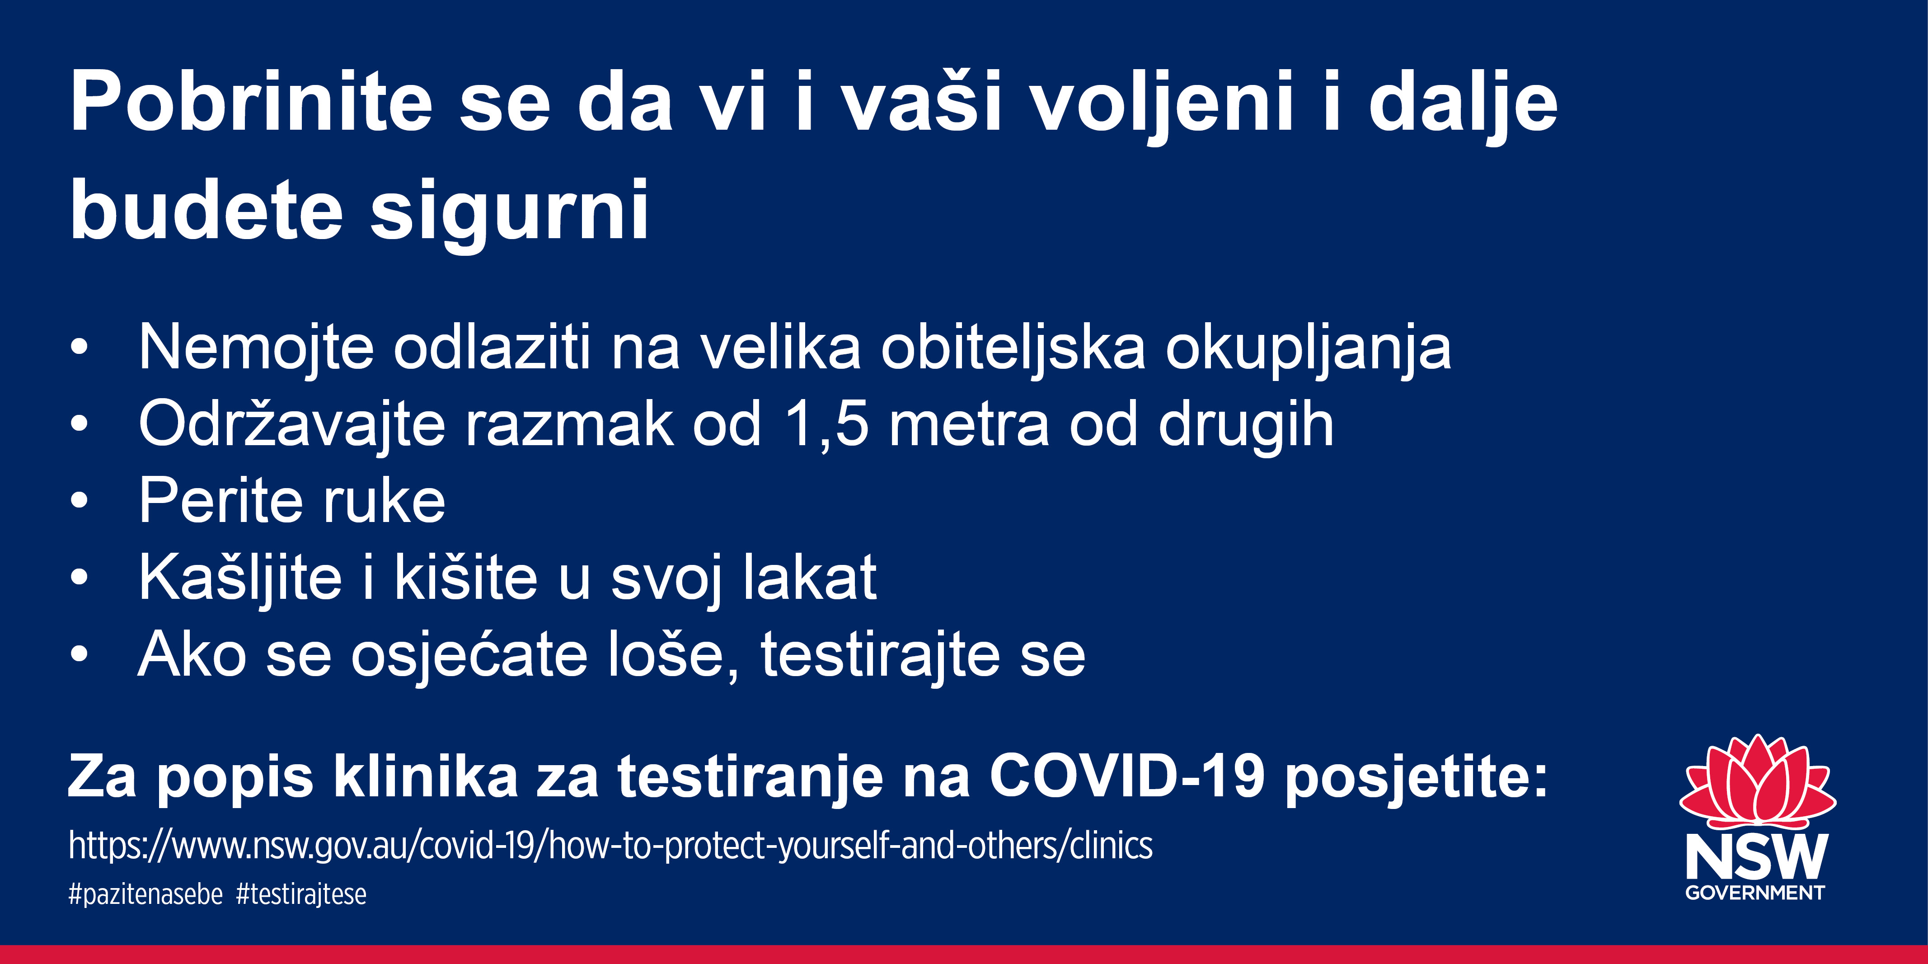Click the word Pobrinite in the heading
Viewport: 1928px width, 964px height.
click(252, 102)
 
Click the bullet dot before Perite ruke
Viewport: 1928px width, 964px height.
click(80, 501)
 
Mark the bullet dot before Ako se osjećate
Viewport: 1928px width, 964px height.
click(80, 654)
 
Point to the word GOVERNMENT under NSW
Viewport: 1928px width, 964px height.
click(1755, 893)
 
